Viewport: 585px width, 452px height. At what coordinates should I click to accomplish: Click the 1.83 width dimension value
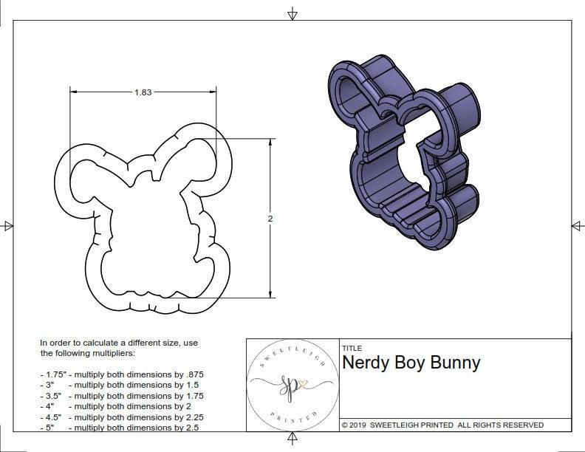[143, 92]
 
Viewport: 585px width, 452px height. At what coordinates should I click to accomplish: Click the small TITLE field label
[351, 348]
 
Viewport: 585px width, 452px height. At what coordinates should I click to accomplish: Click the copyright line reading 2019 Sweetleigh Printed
[442, 425]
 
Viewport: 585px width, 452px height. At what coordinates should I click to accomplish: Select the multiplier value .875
[201, 374]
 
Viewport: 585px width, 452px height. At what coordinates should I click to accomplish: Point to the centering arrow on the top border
[292, 13]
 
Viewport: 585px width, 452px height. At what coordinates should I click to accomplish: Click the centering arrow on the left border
[8, 225]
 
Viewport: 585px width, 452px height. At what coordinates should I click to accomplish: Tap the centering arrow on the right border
[576, 225]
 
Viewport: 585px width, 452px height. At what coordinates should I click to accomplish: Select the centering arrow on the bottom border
[292, 440]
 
